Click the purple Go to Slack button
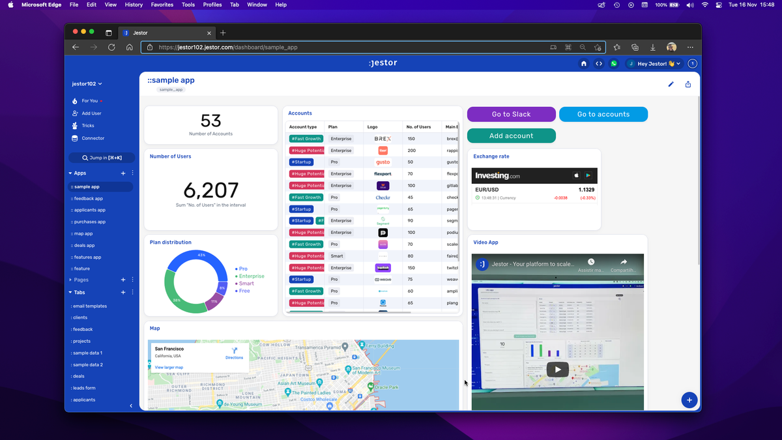click(511, 114)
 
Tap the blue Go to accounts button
click(603, 114)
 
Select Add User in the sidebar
click(91, 113)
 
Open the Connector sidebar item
click(93, 138)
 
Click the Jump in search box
click(102, 158)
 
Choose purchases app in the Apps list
click(89, 222)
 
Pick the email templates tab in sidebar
click(90, 306)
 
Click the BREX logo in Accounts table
click(383, 139)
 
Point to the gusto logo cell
click(383, 162)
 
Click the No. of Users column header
click(418, 126)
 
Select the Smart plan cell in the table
click(337, 256)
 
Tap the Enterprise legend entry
click(251, 276)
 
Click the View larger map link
click(169, 368)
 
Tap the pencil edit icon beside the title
click(671, 84)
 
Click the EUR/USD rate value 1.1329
click(586, 190)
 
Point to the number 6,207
click(210, 190)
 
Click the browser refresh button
click(111, 47)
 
